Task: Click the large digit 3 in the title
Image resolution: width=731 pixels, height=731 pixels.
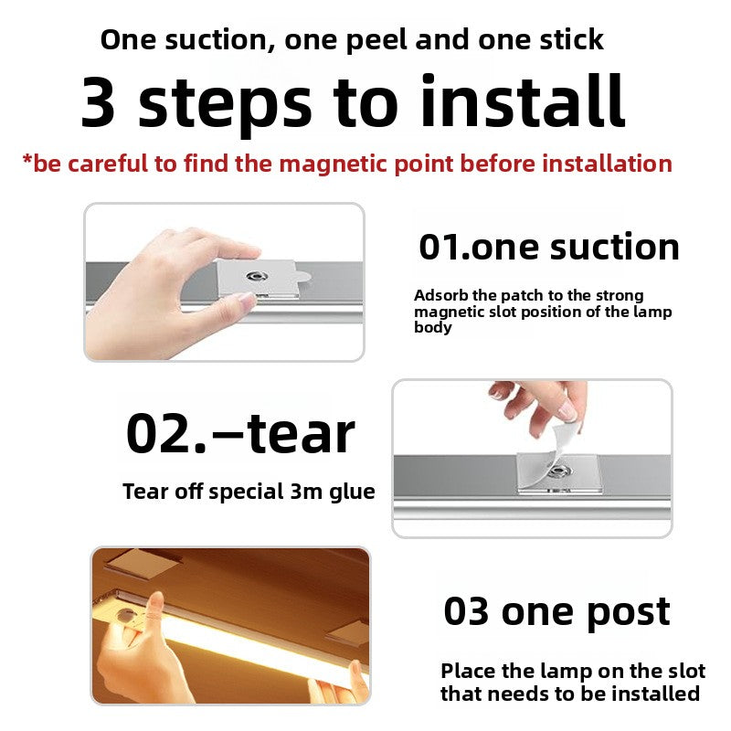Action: click(99, 102)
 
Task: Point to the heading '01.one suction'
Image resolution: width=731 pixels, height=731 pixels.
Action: click(548, 247)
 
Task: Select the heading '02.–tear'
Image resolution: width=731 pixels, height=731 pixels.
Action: click(239, 434)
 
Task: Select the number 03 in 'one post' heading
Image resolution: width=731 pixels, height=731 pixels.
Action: click(466, 611)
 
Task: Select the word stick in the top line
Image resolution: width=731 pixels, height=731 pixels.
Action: click(567, 39)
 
